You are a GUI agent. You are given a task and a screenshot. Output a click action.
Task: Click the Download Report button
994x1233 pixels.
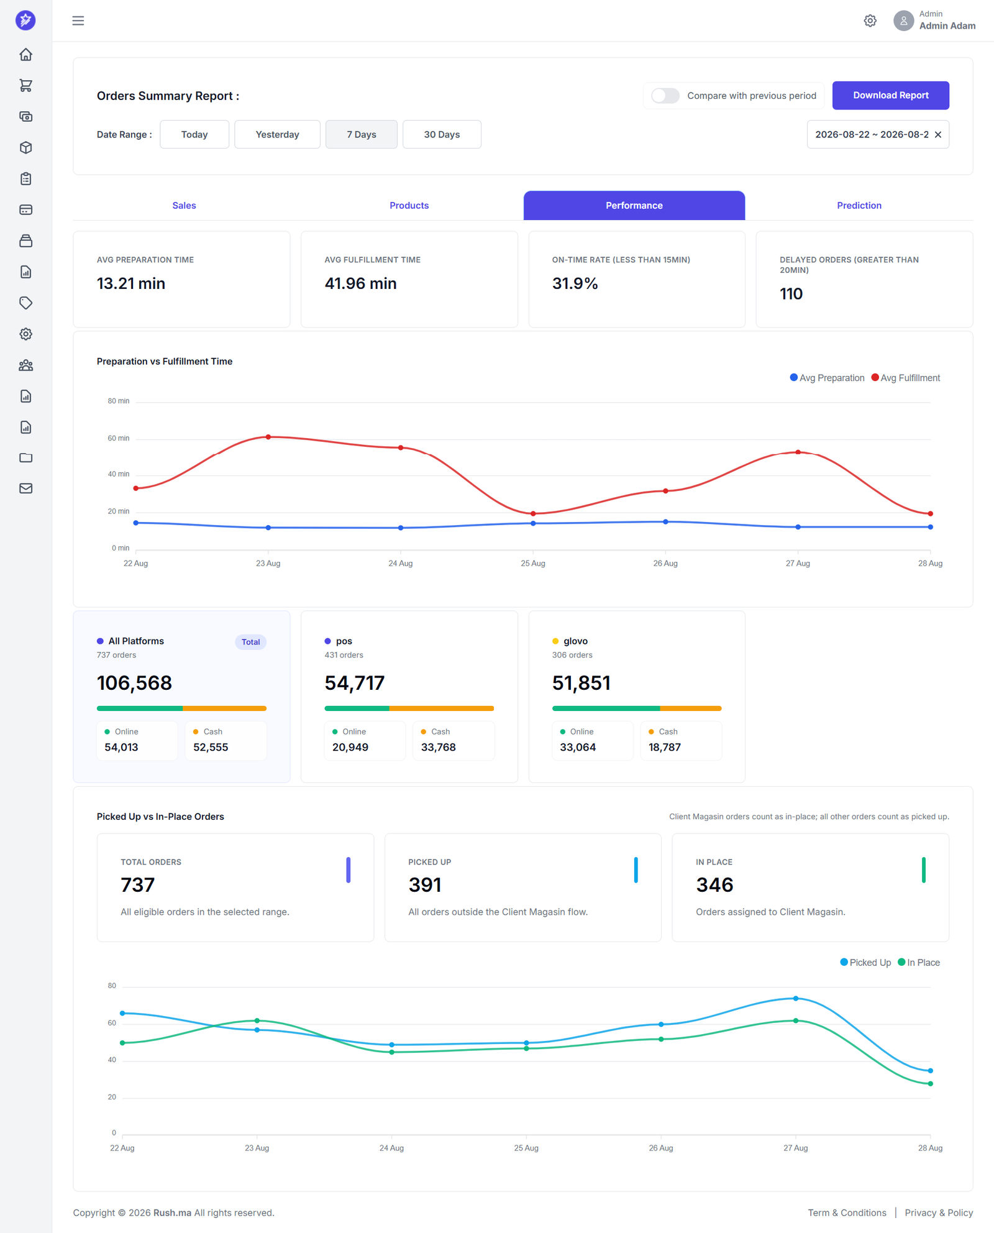pyautogui.click(x=890, y=95)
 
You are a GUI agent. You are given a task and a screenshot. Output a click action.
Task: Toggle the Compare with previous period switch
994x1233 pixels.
pyautogui.click(x=665, y=96)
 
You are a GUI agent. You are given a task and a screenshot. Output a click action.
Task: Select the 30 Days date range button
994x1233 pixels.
pyautogui.click(x=442, y=134)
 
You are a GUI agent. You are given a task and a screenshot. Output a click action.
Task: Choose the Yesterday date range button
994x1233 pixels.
pyautogui.click(x=277, y=134)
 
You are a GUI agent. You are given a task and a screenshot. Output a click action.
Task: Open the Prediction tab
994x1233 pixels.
pyautogui.click(x=859, y=206)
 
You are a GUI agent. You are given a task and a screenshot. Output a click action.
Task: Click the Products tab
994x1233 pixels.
pyautogui.click(x=409, y=206)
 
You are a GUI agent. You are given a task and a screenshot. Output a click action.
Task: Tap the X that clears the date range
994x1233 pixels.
pyautogui.click(x=938, y=135)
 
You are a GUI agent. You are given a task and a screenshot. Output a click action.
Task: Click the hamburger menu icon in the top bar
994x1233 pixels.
pyautogui.click(x=78, y=21)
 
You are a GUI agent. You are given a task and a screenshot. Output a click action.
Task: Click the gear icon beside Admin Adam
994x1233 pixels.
pyautogui.click(x=870, y=21)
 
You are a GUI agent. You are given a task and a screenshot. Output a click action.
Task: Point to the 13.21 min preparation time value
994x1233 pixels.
pyautogui.click(x=131, y=283)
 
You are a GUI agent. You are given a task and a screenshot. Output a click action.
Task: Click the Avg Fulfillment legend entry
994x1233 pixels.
pyautogui.click(x=906, y=378)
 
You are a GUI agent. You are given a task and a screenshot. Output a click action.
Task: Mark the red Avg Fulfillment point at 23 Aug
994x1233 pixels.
pyautogui.click(x=268, y=437)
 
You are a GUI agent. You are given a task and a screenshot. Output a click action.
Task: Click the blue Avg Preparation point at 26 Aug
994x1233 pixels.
pyautogui.click(x=665, y=522)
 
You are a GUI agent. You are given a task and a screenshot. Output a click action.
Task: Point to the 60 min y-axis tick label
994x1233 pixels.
pyautogui.click(x=119, y=438)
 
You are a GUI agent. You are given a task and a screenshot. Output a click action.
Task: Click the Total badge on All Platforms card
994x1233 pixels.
pyautogui.click(x=251, y=642)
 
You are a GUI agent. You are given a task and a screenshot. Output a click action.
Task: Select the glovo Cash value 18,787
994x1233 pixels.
pyautogui.click(x=665, y=747)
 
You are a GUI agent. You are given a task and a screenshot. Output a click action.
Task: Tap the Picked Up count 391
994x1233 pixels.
pyautogui.click(x=425, y=885)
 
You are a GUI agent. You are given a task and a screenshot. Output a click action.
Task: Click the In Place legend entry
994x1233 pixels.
pyautogui.click(x=919, y=963)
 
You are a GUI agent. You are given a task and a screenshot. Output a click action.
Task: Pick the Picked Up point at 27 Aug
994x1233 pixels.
pyautogui.click(x=796, y=999)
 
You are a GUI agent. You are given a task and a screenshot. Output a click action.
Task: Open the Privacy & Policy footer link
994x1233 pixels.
pyautogui.click(x=939, y=1212)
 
